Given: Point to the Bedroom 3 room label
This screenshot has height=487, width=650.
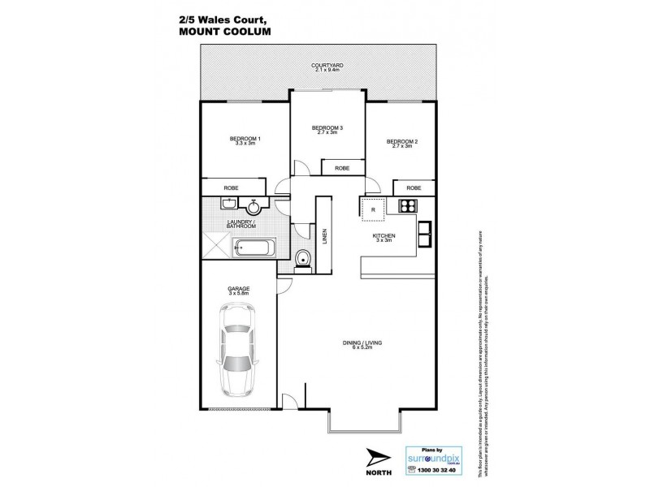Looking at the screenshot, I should [327, 129].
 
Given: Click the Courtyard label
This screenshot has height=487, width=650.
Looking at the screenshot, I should [325, 66].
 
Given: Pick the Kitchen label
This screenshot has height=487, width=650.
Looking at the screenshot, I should [383, 237].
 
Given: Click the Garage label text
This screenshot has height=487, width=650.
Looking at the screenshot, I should [239, 291].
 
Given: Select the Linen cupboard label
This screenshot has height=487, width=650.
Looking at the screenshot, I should [326, 235].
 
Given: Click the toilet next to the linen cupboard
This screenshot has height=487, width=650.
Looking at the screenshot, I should [303, 260].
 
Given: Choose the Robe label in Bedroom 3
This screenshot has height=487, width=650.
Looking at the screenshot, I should [342, 169].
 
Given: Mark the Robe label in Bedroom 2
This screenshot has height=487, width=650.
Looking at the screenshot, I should [414, 187].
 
